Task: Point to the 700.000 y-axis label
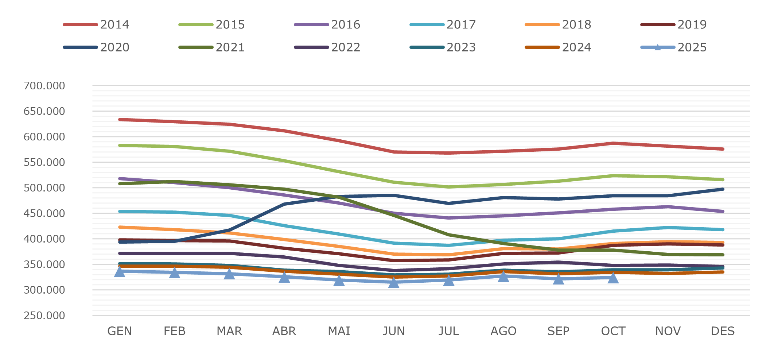[44, 86]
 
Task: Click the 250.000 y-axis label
[44, 316]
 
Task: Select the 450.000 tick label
[44, 213]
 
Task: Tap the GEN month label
[120, 331]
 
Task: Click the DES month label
[723, 331]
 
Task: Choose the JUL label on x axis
[448, 331]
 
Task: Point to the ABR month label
[284, 331]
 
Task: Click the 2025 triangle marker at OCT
[613, 278]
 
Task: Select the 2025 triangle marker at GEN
[120, 272]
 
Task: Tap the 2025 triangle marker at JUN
[394, 283]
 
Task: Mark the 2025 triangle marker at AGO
[503, 276]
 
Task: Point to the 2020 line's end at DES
[723, 189]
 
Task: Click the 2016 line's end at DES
[723, 212]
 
